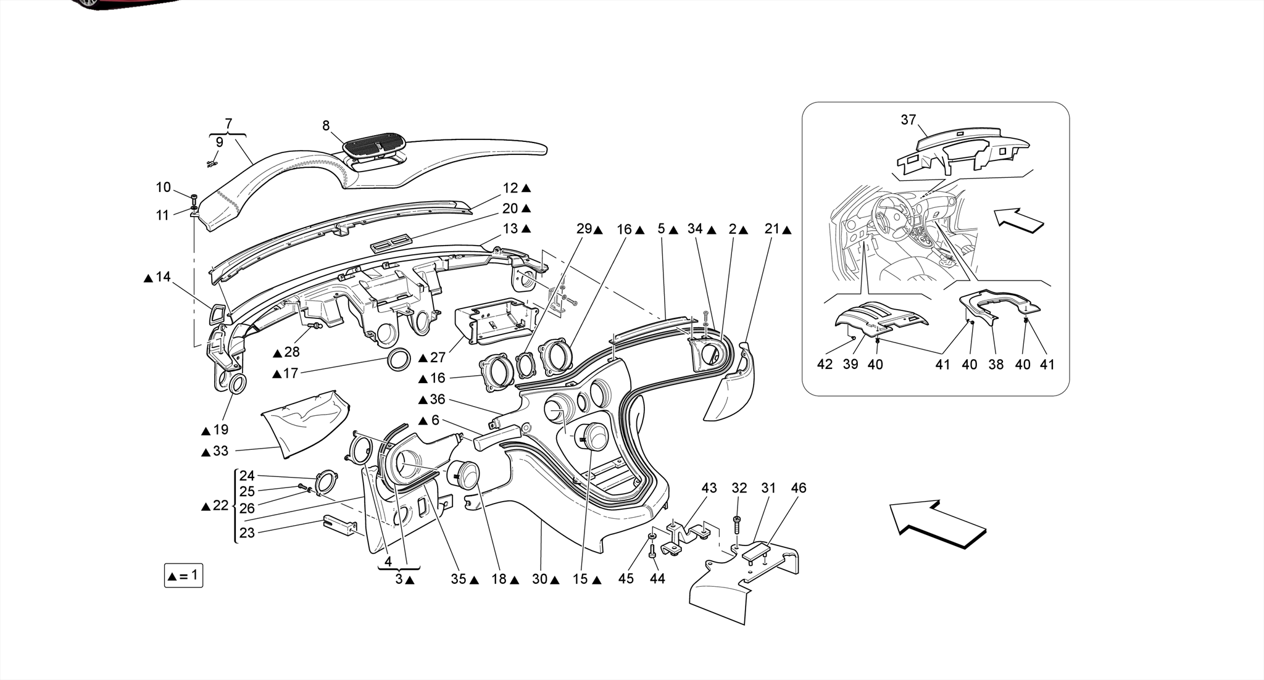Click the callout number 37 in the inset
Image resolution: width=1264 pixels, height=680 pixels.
click(908, 120)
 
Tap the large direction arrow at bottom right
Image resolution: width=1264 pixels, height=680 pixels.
click(937, 524)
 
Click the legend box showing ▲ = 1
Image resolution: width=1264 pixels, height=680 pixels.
click(183, 576)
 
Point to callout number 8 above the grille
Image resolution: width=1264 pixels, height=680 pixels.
click(326, 126)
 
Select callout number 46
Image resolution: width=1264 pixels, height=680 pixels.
click(798, 488)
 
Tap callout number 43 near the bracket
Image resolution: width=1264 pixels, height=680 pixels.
click(709, 488)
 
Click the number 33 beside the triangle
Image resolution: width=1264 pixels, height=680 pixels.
click(220, 451)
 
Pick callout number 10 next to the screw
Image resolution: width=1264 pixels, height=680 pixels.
click(163, 188)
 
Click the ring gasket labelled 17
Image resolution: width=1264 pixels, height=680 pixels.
click(399, 359)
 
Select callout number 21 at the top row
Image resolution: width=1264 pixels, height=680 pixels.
click(772, 229)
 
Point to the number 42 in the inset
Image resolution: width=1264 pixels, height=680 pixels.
click(825, 364)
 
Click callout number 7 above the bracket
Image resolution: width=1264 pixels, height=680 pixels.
click(228, 123)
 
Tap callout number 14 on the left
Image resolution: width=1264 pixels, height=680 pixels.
click(163, 277)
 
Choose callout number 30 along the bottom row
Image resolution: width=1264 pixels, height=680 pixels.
click(540, 579)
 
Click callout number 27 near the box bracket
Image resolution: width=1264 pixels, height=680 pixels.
click(438, 358)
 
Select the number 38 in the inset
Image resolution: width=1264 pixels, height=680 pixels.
click(996, 364)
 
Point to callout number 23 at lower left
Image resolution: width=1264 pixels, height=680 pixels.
click(247, 533)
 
